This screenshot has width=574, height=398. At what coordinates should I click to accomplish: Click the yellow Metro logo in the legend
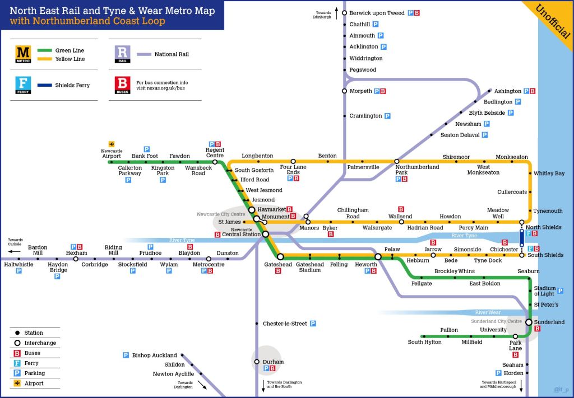[23, 54]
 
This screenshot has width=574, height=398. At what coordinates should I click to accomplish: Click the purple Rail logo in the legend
[122, 54]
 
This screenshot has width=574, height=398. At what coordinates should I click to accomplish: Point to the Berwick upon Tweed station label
[377, 13]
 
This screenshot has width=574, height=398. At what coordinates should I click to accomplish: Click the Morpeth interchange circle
[345, 91]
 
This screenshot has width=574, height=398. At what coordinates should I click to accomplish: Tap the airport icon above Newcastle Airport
[112, 144]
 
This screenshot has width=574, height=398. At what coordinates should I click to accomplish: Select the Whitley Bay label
[549, 174]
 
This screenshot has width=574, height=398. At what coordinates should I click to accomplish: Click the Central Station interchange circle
[266, 234]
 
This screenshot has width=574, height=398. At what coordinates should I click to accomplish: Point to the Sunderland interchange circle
[529, 322]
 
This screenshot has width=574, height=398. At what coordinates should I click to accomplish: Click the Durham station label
[273, 362]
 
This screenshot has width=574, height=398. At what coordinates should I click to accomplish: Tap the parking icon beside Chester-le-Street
[313, 324]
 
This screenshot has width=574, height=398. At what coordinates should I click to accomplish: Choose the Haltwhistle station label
[18, 264]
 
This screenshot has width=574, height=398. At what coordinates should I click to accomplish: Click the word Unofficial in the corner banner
[553, 21]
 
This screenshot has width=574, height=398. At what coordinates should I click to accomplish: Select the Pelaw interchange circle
[378, 257]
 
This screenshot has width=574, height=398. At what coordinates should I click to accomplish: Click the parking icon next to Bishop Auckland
[126, 355]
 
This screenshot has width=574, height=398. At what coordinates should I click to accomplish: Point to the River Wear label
[488, 312]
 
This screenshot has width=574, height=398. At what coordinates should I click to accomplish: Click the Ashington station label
[508, 91]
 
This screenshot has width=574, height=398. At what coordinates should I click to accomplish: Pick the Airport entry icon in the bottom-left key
[17, 383]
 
